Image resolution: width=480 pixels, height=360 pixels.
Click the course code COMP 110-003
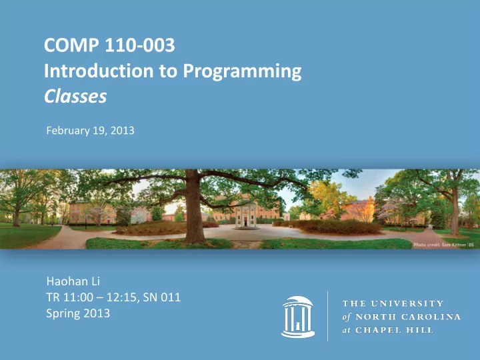109,45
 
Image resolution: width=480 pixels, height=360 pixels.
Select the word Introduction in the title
99,71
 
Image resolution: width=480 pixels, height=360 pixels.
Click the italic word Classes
75,96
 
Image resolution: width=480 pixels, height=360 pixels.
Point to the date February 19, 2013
90,131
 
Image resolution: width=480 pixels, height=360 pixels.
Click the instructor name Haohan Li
73,281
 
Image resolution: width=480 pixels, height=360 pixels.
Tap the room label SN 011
161,297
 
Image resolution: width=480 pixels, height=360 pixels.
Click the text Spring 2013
78,313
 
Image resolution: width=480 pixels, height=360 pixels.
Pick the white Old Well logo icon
298,317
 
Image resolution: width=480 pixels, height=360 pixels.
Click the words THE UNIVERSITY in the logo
393,303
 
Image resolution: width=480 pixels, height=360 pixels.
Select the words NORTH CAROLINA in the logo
408,317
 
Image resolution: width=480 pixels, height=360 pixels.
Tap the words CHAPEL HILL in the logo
394,330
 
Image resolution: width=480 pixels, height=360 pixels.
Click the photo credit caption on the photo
443,245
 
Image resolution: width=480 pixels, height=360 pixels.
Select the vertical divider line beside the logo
327,316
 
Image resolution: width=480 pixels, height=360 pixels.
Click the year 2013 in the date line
123,131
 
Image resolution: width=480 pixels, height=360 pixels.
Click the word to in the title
168,71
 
